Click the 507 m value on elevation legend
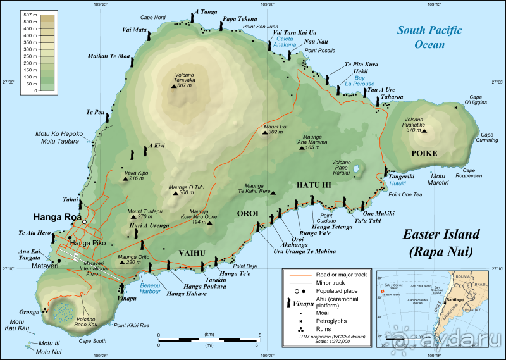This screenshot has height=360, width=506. (28, 14)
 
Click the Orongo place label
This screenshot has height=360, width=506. (28, 311)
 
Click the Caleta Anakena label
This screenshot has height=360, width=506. (285, 42)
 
